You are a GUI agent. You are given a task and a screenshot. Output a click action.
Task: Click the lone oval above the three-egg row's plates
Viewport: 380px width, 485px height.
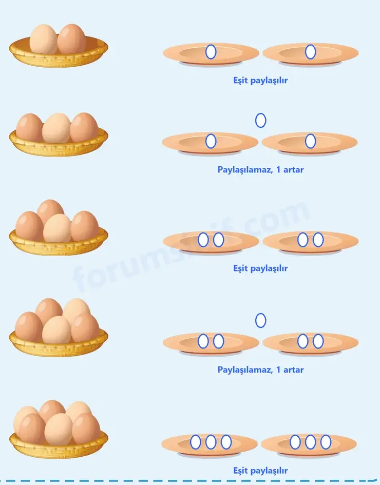[x=260, y=120]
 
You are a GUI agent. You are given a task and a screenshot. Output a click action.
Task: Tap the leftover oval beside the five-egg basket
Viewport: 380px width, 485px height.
[x=260, y=320]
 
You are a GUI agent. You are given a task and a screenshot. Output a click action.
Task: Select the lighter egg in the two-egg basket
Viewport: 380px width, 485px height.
[x=43, y=39]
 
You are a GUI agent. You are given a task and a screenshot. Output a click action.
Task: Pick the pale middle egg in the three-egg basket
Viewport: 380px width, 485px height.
[x=56, y=128]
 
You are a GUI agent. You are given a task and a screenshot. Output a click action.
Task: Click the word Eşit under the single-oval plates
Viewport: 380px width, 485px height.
[x=240, y=81]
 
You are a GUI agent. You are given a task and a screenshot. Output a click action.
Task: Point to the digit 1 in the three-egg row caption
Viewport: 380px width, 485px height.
[x=278, y=169]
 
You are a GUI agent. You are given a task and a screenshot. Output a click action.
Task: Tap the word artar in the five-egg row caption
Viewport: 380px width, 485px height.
[x=294, y=370]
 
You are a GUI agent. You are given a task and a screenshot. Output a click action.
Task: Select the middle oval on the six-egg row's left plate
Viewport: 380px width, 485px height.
[x=211, y=442]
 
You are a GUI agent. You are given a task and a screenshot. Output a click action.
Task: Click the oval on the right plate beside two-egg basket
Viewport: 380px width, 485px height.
[x=310, y=52]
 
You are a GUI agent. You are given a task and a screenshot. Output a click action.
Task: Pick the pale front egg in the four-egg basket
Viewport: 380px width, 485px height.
[x=57, y=228]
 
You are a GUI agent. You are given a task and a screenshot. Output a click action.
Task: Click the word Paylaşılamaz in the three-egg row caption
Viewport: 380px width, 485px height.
[x=245, y=170]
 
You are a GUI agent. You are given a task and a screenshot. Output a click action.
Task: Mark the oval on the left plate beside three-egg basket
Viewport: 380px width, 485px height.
[x=211, y=141]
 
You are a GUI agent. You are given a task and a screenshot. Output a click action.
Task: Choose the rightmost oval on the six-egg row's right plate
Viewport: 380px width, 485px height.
[x=326, y=442]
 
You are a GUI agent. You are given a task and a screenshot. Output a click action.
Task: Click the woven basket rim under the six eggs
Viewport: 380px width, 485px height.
[x=59, y=449]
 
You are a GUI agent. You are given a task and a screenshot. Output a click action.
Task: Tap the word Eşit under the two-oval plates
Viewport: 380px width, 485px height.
[x=240, y=268]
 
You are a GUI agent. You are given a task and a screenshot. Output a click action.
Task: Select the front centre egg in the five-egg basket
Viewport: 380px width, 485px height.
[x=56, y=330]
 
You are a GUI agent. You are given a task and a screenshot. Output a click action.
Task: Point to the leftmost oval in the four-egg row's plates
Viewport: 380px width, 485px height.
[x=203, y=240]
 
